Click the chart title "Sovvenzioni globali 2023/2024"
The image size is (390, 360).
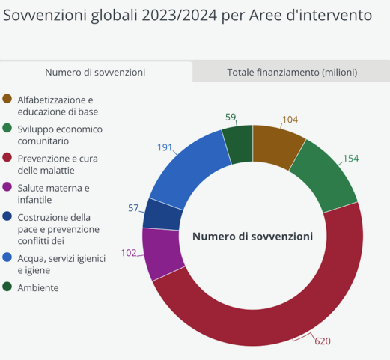pos(187,16)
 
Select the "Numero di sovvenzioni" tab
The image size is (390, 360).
pos(95,73)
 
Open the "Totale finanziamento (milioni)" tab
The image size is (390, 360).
pos(292,73)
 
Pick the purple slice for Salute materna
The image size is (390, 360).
pos(162,253)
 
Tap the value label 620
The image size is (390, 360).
pos(323,341)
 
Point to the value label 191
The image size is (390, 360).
pos(165,147)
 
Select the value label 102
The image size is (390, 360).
pos(129,253)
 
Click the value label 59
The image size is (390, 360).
pos(231,117)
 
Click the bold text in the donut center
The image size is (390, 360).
pos(252,236)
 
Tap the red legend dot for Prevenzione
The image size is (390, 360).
pos(7,159)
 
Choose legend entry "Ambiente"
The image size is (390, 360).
pos(37,287)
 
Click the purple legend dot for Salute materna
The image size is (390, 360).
pos(7,187)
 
